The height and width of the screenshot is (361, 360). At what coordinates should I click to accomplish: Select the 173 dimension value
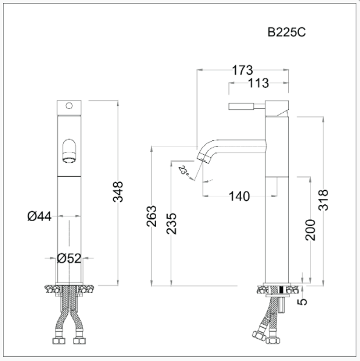(x=241, y=70)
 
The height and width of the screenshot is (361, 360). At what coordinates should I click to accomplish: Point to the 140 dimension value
(x=240, y=195)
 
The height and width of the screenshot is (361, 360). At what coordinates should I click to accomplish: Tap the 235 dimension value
(x=172, y=224)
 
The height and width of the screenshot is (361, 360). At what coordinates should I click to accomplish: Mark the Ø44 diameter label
(x=39, y=216)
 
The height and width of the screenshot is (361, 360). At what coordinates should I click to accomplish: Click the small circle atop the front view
(x=69, y=107)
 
